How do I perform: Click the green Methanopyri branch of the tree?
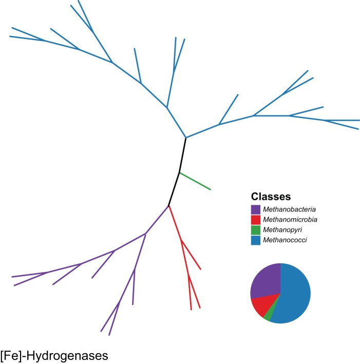(195, 181)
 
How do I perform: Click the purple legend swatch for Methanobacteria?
(256, 209)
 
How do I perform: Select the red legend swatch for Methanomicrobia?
(256, 219)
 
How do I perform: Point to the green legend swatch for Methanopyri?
(256, 229)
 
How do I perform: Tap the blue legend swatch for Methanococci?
(256, 240)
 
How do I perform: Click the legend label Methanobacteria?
(289, 209)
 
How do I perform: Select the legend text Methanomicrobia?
(290, 219)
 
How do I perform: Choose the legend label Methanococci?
(285, 240)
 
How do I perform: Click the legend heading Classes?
(271, 197)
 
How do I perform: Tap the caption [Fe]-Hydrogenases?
(54, 355)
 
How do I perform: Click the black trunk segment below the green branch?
(174, 189)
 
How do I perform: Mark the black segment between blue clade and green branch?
(182, 155)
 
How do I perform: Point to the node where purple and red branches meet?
(169, 206)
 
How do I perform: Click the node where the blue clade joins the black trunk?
(186, 138)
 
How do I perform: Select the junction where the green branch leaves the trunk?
(179, 173)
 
